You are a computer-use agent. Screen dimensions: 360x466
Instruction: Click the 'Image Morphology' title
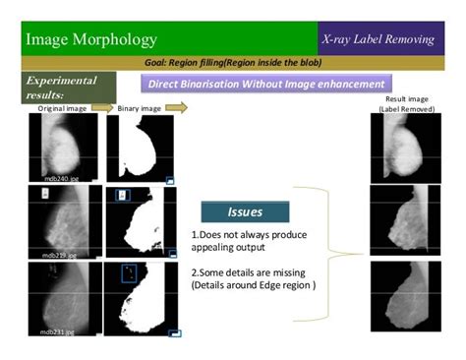click(90, 39)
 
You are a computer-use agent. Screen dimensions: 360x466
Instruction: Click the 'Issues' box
click(245, 211)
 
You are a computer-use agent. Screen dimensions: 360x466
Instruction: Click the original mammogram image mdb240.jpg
click(63, 149)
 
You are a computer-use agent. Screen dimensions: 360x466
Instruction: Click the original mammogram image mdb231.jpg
click(63, 299)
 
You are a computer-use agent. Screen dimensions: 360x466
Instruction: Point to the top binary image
click(141, 149)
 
